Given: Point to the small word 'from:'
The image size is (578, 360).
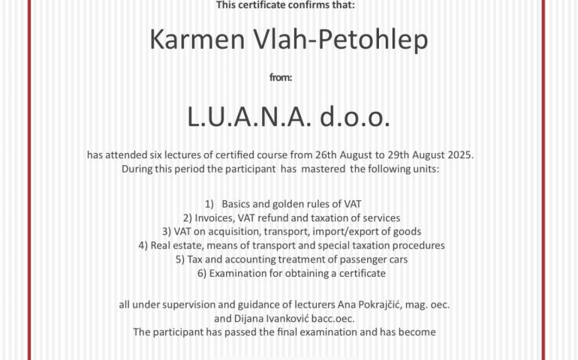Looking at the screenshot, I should pyautogui.click(x=290, y=76).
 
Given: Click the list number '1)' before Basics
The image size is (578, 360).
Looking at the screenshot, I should pyautogui.click(x=209, y=204).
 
